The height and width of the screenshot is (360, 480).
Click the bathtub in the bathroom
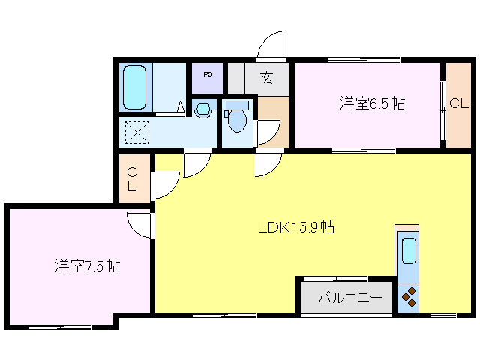pyautogui.click(x=135, y=86)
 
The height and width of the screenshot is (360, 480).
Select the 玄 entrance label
pyautogui.click(x=266, y=77)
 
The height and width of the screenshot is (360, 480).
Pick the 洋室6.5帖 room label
pyautogui.click(x=372, y=103)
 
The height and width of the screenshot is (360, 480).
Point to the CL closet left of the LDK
pyautogui.click(x=131, y=180)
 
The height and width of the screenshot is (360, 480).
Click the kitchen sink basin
pyautogui.click(x=409, y=250)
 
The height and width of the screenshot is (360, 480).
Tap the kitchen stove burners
pyautogui.click(x=409, y=298)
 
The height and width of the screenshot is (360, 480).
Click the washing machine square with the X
pyautogui.click(x=136, y=133)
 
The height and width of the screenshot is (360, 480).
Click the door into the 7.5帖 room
pyautogui.click(x=140, y=223)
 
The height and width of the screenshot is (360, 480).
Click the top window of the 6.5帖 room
pyautogui.click(x=364, y=59)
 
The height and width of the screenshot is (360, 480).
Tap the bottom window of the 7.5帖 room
pyautogui.click(x=60, y=327)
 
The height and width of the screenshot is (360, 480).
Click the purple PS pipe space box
pyautogui.click(x=208, y=77)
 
